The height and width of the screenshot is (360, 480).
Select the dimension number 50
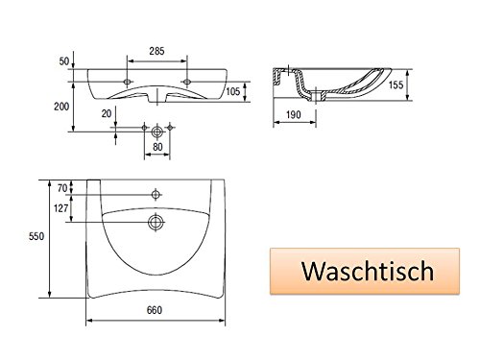[x=64, y=60]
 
